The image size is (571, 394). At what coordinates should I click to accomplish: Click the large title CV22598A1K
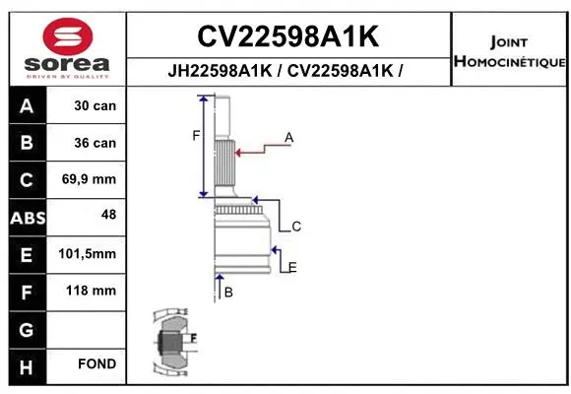pos(287,36)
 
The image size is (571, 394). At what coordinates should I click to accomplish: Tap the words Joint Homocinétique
pos(509,52)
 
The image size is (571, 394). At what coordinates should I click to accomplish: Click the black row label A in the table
pos(27,105)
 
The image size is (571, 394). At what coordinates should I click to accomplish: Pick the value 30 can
pos(95,105)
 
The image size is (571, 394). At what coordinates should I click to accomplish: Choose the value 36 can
pos(95,143)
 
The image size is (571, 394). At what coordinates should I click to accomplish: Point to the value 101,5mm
pos(88,254)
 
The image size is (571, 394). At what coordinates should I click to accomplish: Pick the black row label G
pos(27,329)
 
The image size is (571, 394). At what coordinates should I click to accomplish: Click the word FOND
pos(96,365)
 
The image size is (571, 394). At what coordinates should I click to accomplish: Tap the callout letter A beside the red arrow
pos(289,138)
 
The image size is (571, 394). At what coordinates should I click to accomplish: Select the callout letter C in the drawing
pos(295,227)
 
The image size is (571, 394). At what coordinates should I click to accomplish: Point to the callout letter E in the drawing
pos(292,267)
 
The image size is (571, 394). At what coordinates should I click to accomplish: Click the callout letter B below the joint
pos(228,293)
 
